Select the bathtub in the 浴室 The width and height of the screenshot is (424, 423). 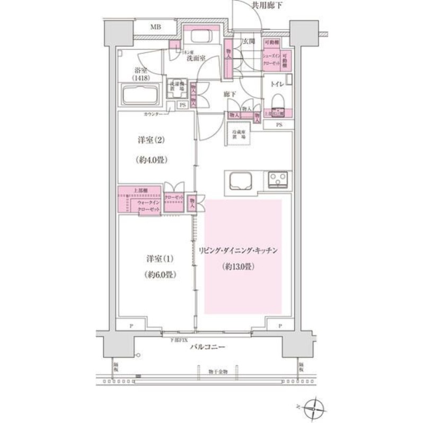tap(144, 96)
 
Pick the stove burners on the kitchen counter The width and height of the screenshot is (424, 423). tap(277, 180)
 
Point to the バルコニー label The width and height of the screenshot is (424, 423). tap(208, 348)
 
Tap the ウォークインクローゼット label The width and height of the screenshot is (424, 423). tap(149, 206)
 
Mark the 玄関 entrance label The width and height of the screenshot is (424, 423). tap(250, 41)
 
